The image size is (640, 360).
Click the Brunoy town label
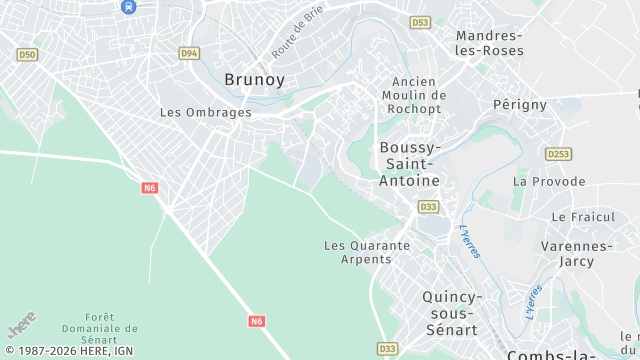tap(254, 79)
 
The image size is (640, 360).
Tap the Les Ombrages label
tap(205, 112)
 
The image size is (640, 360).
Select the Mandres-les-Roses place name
tap(489, 42)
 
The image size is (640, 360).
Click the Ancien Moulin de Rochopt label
tap(413, 95)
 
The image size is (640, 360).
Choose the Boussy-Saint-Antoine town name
tap(409, 164)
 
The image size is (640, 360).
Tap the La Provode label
tap(549, 181)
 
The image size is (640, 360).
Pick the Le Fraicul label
tap(578, 216)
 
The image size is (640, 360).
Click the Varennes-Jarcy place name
tap(576, 254)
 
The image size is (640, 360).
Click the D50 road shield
tap(27, 55)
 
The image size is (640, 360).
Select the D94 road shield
tap(189, 53)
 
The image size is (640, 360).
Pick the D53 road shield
tap(420, 22)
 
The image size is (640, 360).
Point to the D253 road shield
tap(558, 154)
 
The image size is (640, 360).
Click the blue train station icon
tap(128, 6)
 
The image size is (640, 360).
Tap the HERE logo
tap(21, 326)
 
